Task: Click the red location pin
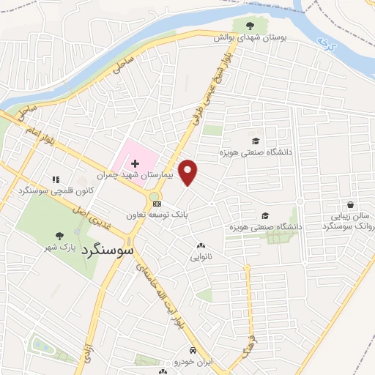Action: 188,171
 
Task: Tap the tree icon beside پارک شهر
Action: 59,237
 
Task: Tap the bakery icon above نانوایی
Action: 201,246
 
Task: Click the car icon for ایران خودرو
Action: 192,350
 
